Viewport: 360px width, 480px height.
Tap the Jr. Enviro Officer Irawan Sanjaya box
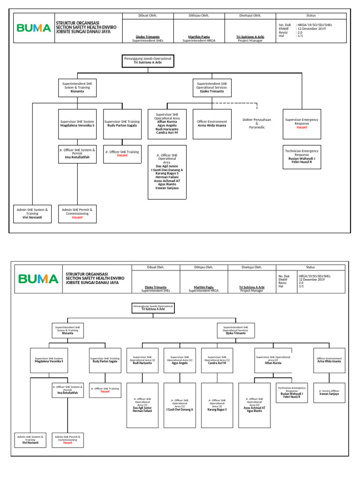[329, 392]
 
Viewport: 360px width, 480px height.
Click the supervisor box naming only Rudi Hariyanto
[142, 360]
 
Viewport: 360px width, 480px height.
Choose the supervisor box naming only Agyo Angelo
[180, 360]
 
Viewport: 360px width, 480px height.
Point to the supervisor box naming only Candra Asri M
[217, 360]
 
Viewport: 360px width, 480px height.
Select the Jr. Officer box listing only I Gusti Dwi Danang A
[180, 405]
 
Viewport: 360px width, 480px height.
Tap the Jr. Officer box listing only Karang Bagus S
[217, 405]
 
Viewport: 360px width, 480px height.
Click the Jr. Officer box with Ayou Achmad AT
[254, 405]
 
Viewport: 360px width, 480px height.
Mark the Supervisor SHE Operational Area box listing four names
[166, 124]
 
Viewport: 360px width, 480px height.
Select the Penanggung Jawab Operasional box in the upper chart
[148, 60]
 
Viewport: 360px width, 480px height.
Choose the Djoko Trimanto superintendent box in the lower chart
[235, 330]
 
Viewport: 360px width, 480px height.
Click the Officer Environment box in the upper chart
[212, 124]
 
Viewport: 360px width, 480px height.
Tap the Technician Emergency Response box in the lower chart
[291, 392]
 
